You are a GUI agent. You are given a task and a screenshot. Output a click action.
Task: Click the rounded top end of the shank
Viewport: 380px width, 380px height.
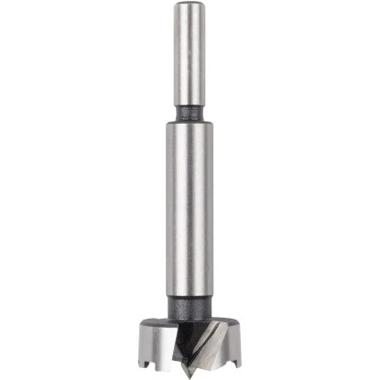coord(190,6)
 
